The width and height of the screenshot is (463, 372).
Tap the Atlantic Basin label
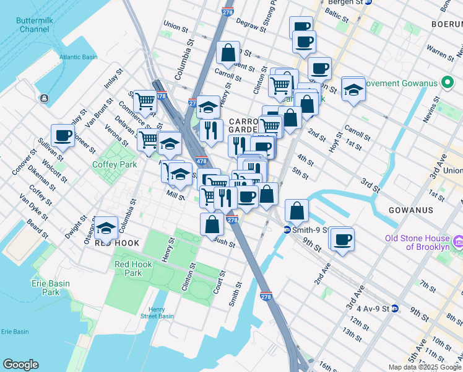point(79,57)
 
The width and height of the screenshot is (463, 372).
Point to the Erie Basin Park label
point(51,288)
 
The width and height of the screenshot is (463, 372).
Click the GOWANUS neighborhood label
point(410,210)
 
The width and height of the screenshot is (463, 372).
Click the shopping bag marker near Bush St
point(212,223)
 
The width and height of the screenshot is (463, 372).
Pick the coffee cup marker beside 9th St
point(342,239)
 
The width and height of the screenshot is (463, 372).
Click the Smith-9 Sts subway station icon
point(287,229)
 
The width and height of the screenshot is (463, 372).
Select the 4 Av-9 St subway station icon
point(395,308)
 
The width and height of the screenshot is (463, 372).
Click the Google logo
point(20,365)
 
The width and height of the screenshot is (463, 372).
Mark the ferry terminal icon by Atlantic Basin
point(45,98)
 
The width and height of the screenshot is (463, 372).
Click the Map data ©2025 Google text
point(424,367)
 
